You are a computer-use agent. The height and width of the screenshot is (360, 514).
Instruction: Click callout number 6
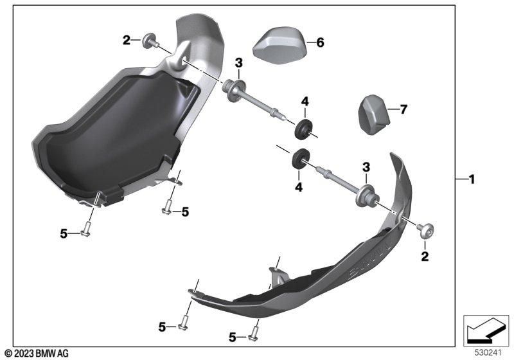pyautogui.click(x=320, y=43)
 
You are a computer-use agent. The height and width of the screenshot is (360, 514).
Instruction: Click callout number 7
pyautogui.click(x=403, y=110)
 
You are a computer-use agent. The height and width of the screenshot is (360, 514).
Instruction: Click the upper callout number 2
pyautogui.click(x=125, y=40)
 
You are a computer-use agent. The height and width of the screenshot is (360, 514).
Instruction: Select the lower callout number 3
pyautogui.click(x=366, y=167)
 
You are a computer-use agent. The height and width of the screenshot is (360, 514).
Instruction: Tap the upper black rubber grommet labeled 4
pyautogui.click(x=302, y=127)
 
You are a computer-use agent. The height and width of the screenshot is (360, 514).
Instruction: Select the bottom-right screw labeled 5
pyautogui.click(x=253, y=334)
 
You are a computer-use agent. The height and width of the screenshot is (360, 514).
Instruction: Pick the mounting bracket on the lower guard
pyautogui.click(x=278, y=277)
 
